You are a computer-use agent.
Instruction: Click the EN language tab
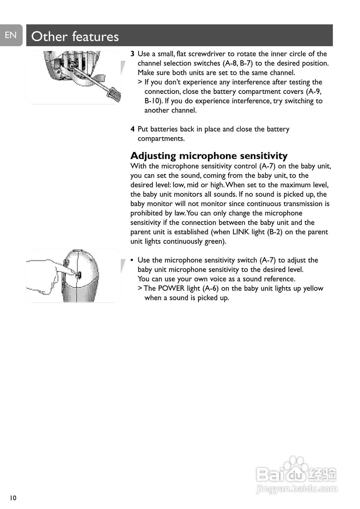coord(11,35)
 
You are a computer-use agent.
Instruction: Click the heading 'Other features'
coord(75,37)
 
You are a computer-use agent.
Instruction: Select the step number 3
coord(132,54)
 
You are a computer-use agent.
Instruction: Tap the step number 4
coord(132,129)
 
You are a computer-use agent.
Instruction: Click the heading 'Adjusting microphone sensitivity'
coord(209,155)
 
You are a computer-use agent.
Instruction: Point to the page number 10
coord(13,498)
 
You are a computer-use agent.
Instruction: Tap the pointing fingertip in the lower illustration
coord(75,274)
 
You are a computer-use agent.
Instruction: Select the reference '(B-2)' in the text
coord(272,232)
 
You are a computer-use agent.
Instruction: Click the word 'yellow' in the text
coord(313,288)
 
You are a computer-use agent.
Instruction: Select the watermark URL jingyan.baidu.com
coord(297,489)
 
